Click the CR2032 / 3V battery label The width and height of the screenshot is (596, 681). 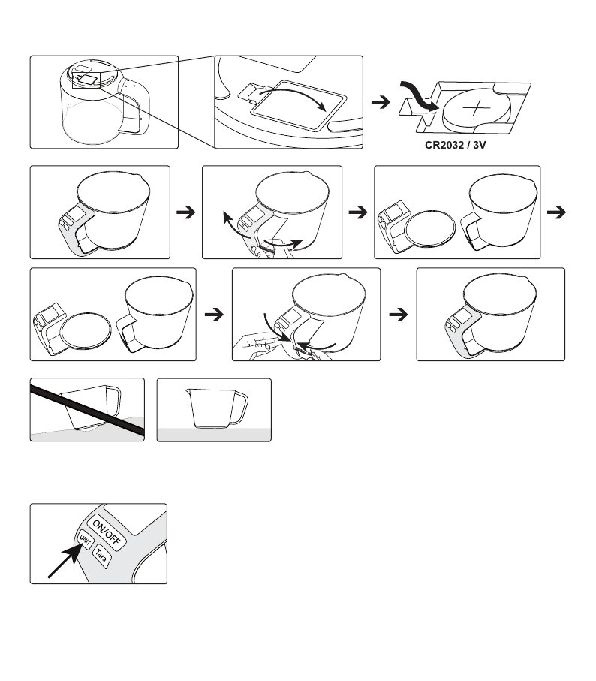point(456,145)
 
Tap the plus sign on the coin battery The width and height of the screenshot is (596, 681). point(476,107)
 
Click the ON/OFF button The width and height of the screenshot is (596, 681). point(107,532)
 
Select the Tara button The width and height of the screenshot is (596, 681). point(101,556)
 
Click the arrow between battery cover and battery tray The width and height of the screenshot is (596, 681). point(381,103)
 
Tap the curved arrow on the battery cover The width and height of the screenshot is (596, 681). point(293,95)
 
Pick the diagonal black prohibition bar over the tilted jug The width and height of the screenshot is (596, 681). point(87,409)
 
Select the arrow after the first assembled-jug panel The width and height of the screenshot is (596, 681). point(186,212)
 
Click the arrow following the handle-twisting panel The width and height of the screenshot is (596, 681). point(358,212)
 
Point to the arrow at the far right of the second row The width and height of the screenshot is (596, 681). point(556,212)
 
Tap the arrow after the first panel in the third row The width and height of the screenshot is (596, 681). point(214,314)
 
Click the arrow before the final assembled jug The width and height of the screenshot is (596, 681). point(398,314)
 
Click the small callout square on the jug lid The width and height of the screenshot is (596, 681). point(86,80)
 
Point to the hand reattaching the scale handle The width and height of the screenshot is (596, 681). point(256,346)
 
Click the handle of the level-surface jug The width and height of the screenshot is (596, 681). point(239,408)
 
